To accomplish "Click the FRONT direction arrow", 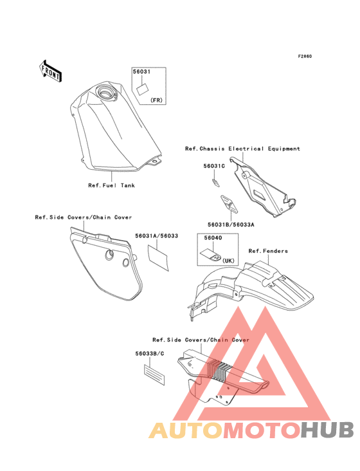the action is [50, 71].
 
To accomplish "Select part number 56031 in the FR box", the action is [141, 72].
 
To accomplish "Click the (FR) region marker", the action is [156, 100].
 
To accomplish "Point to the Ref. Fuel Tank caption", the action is [111, 185].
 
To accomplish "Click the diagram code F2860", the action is [305, 56].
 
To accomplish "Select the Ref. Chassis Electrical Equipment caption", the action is [242, 149].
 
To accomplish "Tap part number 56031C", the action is [214, 166].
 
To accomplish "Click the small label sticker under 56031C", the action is [215, 183].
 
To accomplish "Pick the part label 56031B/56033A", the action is [231, 225].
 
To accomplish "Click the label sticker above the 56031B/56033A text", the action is [230, 204].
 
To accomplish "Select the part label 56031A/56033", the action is [156, 235].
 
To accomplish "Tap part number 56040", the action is [213, 238].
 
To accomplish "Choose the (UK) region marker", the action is [228, 261].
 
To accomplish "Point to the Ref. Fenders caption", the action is [268, 251].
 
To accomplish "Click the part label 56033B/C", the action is [150, 353].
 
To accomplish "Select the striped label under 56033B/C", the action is [154, 375].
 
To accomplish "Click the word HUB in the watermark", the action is [328, 430].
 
